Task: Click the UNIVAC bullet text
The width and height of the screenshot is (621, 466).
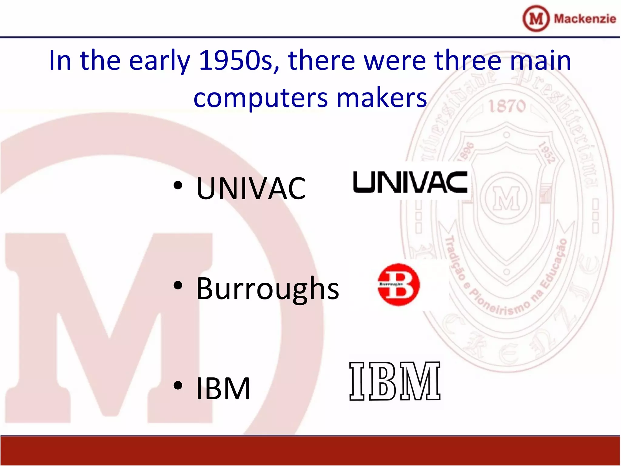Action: point(251,189)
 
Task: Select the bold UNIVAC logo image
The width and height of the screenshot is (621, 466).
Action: point(410,182)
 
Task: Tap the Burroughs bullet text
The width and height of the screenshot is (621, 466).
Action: point(267,289)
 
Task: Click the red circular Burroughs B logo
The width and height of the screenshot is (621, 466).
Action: point(398,285)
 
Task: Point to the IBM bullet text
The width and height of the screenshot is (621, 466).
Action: point(223,389)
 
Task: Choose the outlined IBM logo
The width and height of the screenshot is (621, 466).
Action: point(394,381)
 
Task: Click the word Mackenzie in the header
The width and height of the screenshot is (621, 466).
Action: point(585,19)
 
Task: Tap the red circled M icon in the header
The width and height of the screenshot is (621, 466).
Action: point(536,19)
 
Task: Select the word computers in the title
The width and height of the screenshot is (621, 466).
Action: point(260,98)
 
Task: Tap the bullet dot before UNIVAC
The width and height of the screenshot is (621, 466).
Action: point(178,185)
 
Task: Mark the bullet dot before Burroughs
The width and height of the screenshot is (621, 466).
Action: point(178,285)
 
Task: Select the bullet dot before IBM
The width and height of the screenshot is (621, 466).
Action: point(178,385)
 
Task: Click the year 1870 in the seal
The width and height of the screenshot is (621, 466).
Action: point(507,106)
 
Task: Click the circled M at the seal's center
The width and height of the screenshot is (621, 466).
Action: point(506,199)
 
